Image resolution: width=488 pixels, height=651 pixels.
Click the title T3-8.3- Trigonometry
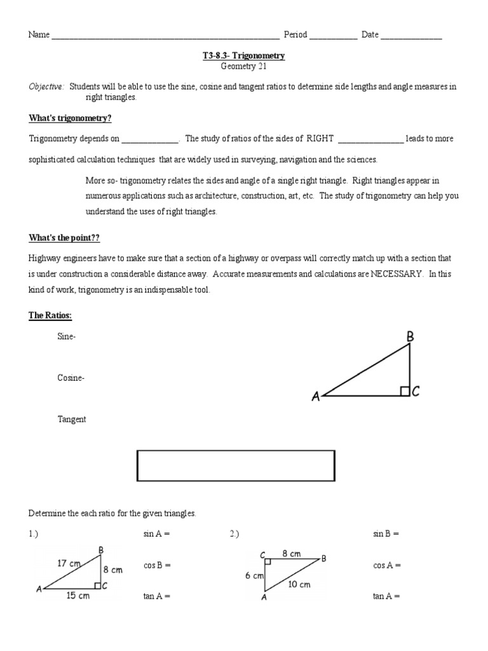click(243, 56)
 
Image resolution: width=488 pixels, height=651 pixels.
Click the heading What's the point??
click(64, 238)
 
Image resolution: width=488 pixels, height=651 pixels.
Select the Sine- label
click(67, 337)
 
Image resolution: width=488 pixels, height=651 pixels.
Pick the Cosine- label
click(71, 378)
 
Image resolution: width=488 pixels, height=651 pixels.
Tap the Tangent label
click(72, 420)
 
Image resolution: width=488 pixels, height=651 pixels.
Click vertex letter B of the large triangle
click(410, 338)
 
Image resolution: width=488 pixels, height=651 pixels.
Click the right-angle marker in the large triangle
click(405, 391)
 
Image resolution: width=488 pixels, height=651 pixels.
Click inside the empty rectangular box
click(236, 466)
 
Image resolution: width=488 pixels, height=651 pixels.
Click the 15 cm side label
click(78, 596)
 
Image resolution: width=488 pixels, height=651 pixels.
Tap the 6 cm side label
click(254, 576)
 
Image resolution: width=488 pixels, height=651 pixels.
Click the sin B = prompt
click(386, 534)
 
